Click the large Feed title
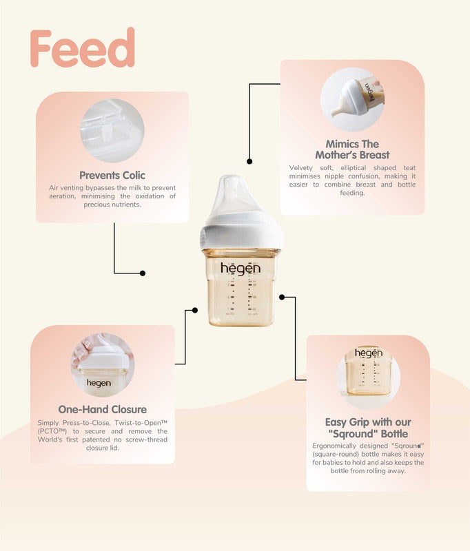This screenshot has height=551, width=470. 83,48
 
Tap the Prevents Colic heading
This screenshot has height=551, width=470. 112,176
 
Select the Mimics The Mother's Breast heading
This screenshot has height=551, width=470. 352,149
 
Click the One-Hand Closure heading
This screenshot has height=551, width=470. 102,409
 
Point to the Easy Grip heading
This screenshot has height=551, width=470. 368,428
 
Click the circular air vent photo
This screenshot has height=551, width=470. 112,130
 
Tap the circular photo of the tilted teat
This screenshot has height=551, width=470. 352,99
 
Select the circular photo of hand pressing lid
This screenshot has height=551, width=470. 102,365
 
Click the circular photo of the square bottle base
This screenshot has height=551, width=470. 368,377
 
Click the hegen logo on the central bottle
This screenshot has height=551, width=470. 241,269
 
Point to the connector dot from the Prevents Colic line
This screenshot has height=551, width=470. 143,273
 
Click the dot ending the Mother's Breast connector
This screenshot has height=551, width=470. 249,161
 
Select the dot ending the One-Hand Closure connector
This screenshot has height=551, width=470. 195,311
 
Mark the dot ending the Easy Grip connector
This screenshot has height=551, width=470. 282,298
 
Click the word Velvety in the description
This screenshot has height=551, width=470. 301,168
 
